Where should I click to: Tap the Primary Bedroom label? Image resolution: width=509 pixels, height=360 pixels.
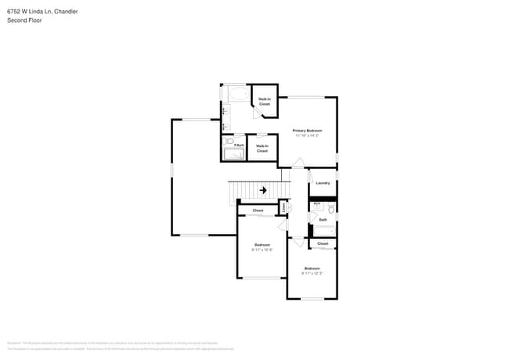[x=307, y=130]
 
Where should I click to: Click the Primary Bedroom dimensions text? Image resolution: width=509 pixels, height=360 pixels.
[x=307, y=136]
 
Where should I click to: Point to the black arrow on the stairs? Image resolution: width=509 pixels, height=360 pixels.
[x=263, y=189]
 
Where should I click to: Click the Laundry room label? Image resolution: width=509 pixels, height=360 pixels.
[x=323, y=183]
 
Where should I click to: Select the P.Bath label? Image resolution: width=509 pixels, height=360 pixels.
[x=238, y=145]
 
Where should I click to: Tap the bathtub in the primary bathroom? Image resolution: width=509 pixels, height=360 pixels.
[x=236, y=94]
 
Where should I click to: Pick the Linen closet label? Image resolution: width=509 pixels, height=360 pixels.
[x=283, y=207]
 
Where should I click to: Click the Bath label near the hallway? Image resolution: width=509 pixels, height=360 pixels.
[x=323, y=220]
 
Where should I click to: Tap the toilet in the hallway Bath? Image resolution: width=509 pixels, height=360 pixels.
[x=331, y=209]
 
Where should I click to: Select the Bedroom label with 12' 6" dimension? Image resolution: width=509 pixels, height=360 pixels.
[x=262, y=244]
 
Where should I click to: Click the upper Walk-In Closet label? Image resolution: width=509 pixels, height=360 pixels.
[x=265, y=101]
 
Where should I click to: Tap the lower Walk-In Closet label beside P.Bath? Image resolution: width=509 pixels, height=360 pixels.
[x=262, y=148]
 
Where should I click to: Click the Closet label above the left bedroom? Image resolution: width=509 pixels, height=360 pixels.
[x=258, y=211]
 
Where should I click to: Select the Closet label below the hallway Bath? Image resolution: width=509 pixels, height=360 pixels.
[x=323, y=243]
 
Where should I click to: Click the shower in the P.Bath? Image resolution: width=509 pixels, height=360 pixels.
[x=234, y=155]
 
